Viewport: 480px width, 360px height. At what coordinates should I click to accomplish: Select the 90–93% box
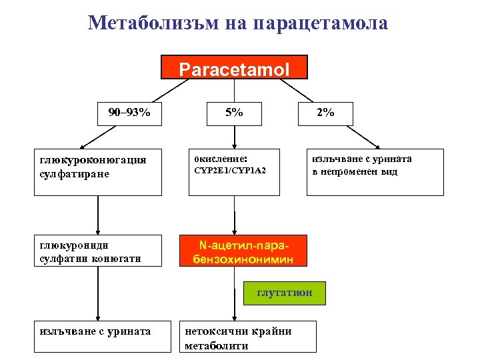tap(129, 113)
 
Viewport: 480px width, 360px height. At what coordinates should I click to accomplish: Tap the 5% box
tap(234, 113)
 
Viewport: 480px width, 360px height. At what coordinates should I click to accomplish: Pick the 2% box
tap(325, 113)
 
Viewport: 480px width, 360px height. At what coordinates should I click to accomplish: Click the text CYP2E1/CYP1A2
tap(230, 171)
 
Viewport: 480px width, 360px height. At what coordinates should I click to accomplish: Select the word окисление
tap(221, 159)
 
